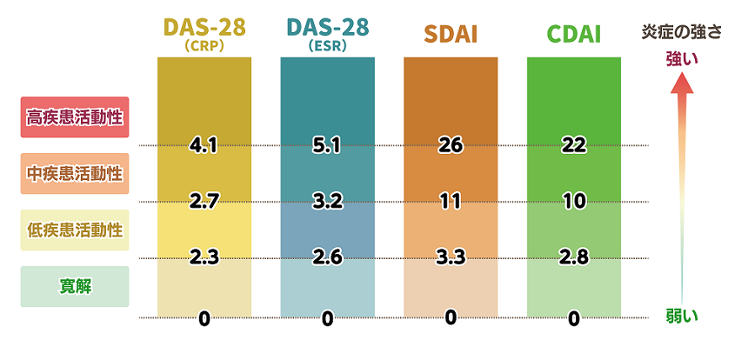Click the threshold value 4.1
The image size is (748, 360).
204,145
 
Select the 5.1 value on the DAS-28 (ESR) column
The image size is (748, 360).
327,145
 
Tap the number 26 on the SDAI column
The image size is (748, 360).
451,145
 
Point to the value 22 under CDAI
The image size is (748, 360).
574,145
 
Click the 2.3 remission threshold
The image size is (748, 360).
204,257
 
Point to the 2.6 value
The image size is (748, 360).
327,257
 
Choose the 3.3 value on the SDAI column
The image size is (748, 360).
451,257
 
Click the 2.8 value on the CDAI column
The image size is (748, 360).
574,257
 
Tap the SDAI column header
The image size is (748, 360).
451,36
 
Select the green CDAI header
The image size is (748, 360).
573,36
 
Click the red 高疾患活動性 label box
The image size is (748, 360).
75,117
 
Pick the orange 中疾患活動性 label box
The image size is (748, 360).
75,173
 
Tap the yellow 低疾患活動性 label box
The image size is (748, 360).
75,230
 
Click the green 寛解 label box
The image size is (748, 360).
75,286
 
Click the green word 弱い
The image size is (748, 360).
682,315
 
